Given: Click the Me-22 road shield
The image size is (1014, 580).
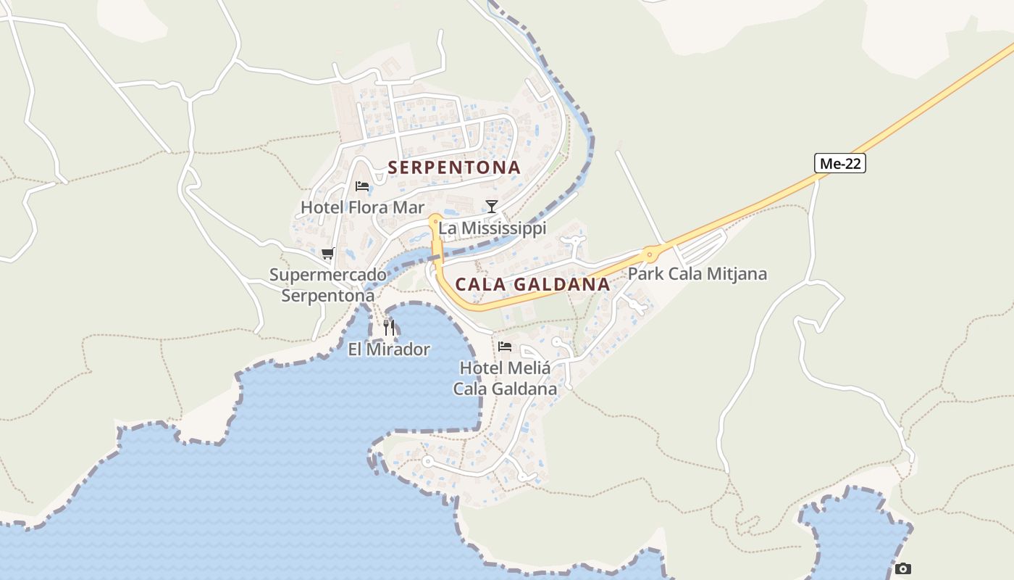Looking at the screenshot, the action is point(840,164).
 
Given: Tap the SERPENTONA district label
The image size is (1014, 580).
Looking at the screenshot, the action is point(454,167).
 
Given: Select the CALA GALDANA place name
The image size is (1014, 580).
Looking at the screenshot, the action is point(532,284).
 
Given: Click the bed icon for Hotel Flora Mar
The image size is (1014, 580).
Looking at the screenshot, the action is point(362,186).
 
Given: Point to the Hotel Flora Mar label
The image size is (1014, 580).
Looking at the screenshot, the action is point(362,207).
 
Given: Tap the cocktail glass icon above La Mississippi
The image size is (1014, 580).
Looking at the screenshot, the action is point(492,207).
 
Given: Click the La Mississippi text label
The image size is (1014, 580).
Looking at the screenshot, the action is point(492,228).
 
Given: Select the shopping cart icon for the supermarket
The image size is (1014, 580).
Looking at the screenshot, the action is point(327,254).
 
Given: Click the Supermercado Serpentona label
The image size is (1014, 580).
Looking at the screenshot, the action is point(328,286).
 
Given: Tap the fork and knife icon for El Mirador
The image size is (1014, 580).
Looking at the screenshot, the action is point(390,328).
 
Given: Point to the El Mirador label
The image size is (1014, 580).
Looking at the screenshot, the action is point(389,349).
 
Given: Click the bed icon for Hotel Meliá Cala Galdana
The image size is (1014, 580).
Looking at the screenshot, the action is point(505,347).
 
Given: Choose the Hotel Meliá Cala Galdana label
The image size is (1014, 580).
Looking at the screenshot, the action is point(505,378).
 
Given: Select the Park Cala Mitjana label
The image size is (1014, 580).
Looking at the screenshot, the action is point(697,274).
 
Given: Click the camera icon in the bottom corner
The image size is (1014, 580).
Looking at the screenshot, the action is point(902,568).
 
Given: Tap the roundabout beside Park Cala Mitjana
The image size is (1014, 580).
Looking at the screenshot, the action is point(650,254).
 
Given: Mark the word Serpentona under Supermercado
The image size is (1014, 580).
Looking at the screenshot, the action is point(328,296).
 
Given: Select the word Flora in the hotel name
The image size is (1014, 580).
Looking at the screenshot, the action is point(369,207).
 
